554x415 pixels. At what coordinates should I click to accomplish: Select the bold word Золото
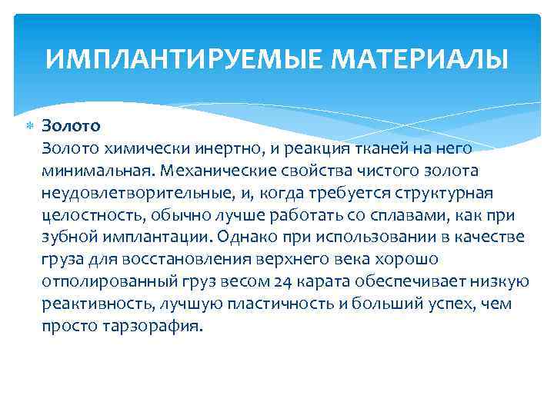pyautogui.click(x=72, y=124)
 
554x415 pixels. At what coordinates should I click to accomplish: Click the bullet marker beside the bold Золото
pyautogui.click(x=30, y=124)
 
